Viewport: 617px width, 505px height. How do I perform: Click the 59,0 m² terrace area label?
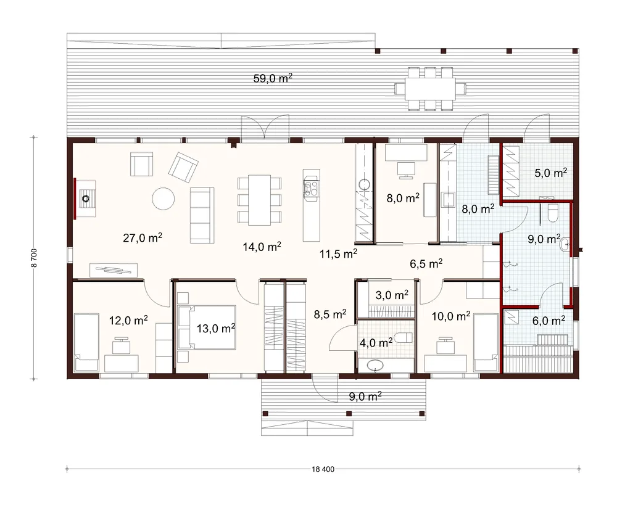tap(273, 78)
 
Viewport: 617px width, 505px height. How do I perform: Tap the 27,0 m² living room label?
tap(143, 237)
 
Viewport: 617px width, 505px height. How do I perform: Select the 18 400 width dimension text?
tap(323, 469)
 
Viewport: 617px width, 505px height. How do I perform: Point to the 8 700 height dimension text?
tap(34, 258)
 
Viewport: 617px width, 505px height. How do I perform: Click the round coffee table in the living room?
tap(164, 199)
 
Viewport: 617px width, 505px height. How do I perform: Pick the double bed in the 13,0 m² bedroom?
tap(207, 327)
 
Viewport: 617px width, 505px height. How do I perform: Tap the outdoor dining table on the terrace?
tap(431, 89)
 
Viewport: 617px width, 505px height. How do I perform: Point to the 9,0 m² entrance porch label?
tap(365, 396)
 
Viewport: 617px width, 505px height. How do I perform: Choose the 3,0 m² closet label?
tap(392, 295)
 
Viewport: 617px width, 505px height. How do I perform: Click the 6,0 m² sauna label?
tap(549, 321)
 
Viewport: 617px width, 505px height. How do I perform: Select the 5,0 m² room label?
tap(550, 173)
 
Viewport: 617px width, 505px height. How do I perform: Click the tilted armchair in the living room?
tap(183, 168)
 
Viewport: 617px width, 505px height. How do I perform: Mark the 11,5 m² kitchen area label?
tap(338, 253)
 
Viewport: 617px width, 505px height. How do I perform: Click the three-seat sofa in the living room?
tap(202, 216)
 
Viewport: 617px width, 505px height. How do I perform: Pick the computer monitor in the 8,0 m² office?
tap(406, 170)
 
